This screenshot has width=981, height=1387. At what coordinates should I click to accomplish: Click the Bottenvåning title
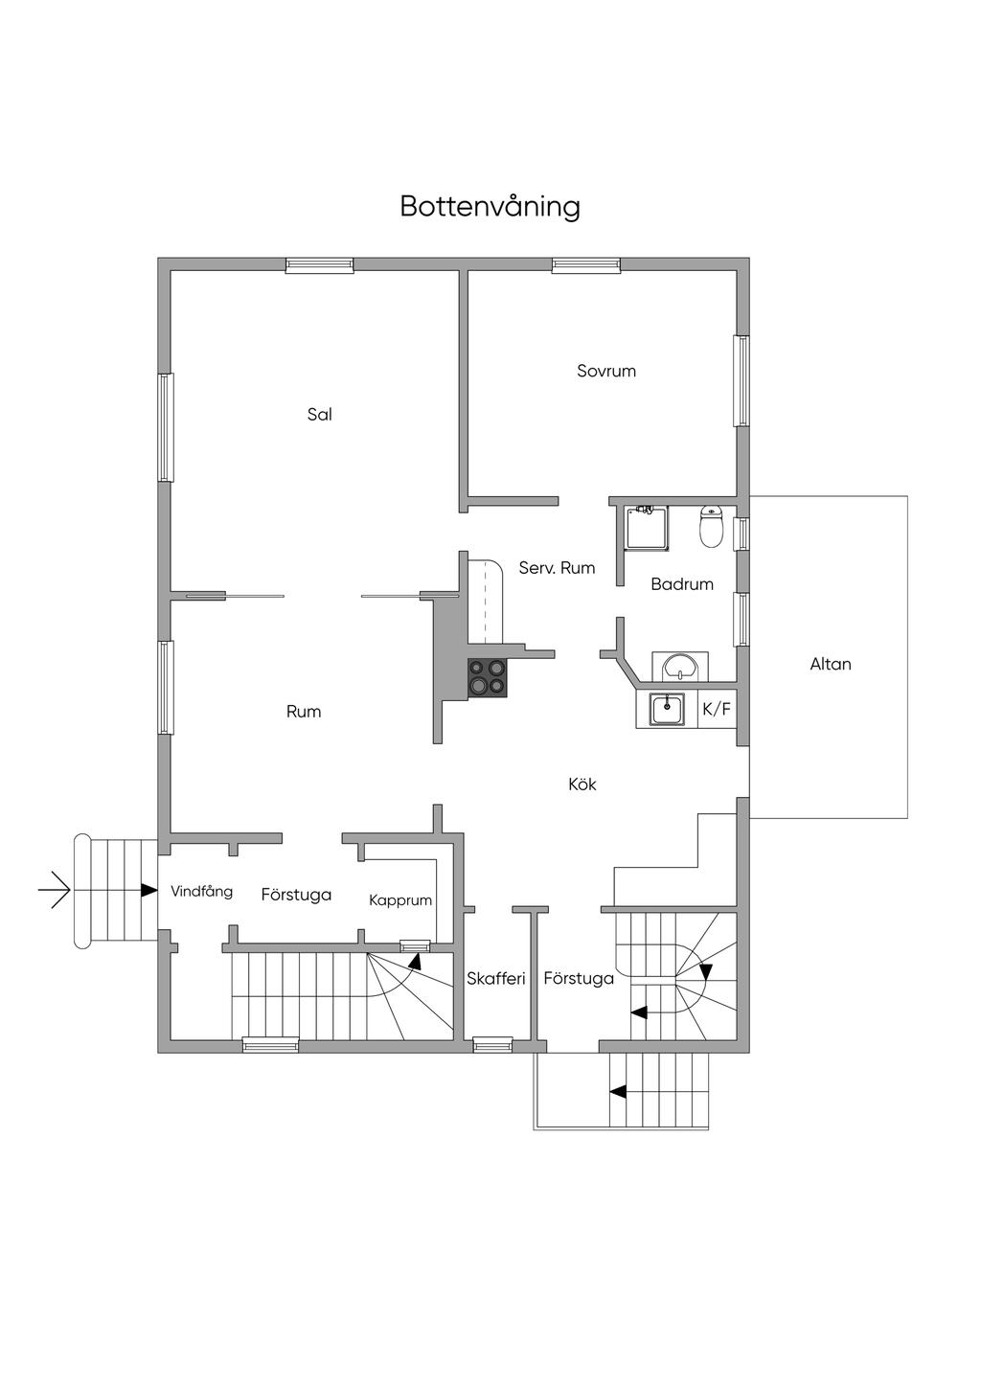[x=490, y=207]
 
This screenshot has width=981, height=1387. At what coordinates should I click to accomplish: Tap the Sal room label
[x=319, y=415]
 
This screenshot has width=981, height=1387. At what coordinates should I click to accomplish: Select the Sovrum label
[x=605, y=371]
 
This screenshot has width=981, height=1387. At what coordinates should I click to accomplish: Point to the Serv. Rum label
[x=557, y=568]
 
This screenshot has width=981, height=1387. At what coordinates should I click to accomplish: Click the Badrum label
[x=681, y=584]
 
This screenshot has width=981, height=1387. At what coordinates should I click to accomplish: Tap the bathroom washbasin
[x=679, y=666]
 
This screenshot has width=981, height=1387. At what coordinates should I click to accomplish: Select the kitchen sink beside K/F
[x=667, y=710]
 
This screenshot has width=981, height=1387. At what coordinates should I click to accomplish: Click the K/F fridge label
[x=717, y=710]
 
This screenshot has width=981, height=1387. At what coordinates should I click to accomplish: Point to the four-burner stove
[x=488, y=677]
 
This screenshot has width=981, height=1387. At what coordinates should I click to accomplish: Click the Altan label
[x=830, y=664]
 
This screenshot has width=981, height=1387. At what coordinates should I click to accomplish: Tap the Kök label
[x=582, y=784]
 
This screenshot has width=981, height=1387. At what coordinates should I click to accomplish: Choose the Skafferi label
[x=496, y=979]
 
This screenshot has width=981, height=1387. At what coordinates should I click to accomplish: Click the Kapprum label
[x=400, y=900]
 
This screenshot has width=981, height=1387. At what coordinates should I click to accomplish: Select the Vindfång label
[x=201, y=892]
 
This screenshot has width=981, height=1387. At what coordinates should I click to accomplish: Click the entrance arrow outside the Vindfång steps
[x=55, y=892]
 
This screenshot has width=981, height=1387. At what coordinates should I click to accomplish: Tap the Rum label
[x=304, y=712]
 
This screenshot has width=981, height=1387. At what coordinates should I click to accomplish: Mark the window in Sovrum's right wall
[x=741, y=380]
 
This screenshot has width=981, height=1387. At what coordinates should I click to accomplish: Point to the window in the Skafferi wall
[x=492, y=1045]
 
